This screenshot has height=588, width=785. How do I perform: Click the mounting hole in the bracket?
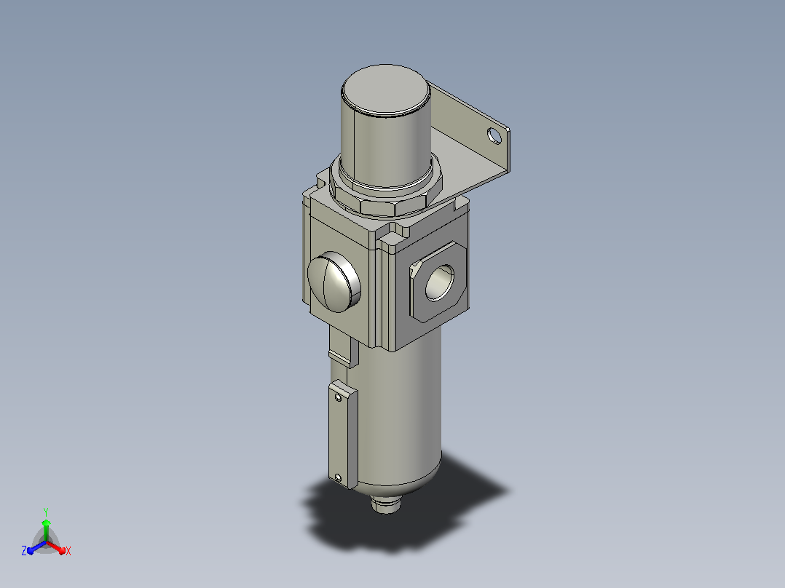(x=494, y=135)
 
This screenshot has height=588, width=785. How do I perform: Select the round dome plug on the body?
(x=334, y=282)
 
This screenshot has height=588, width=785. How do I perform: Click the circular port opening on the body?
(x=440, y=283)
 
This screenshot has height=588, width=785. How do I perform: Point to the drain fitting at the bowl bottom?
(x=386, y=504)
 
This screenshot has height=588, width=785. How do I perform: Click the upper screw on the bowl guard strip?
(x=339, y=398)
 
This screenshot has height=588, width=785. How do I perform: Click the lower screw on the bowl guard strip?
(x=338, y=478)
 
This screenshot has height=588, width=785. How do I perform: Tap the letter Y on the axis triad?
(x=46, y=512)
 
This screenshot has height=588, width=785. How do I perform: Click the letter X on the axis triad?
(x=68, y=551)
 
